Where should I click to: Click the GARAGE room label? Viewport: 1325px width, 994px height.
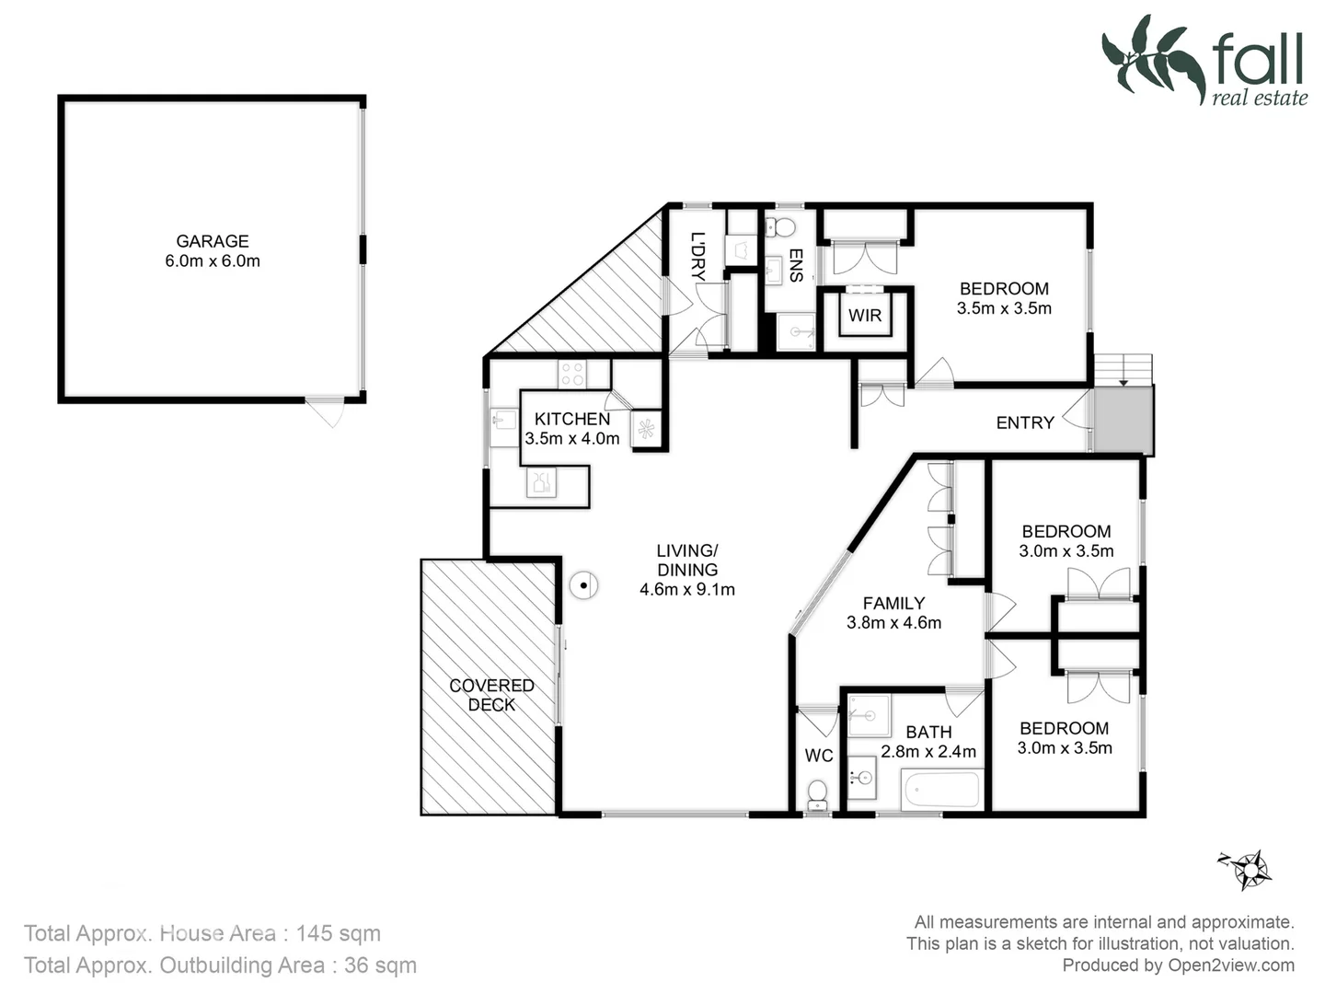(x=213, y=241)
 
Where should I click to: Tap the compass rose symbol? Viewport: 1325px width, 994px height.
(x=1250, y=868)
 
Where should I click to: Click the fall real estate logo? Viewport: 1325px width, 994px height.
(x=1205, y=61)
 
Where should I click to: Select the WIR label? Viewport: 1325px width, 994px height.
(x=864, y=316)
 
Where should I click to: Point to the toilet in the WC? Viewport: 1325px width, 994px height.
(x=816, y=793)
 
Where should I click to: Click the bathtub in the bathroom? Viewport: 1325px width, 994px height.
(x=942, y=790)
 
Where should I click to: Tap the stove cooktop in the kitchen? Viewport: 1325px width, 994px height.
(x=571, y=374)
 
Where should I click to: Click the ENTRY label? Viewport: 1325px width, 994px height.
(x=1024, y=422)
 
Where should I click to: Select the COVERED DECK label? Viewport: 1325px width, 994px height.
(x=491, y=695)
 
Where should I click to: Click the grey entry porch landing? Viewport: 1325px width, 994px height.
(x=1123, y=420)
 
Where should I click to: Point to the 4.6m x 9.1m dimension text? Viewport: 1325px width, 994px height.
(x=687, y=590)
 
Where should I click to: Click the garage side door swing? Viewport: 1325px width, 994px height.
(x=325, y=412)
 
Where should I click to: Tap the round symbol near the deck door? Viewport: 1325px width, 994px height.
(x=583, y=584)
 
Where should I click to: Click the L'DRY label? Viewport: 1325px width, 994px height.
(x=697, y=256)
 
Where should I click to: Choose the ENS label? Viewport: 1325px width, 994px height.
(x=796, y=265)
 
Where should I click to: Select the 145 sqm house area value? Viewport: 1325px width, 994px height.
(x=338, y=933)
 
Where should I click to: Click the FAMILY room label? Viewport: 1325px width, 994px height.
(x=893, y=603)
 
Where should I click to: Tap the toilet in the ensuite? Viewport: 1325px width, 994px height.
(x=784, y=226)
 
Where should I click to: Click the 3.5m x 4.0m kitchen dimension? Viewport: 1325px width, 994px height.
(x=571, y=439)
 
